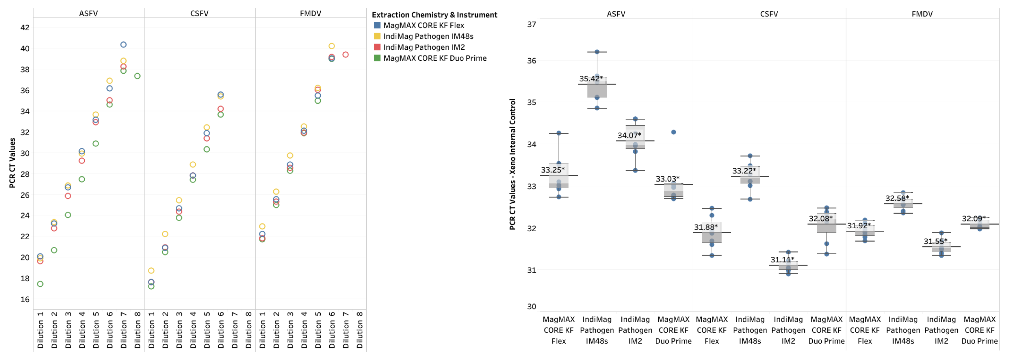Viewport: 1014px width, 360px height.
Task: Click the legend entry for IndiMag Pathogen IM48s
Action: click(x=428, y=36)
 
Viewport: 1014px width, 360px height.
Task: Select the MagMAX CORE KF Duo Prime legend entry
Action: click(x=434, y=58)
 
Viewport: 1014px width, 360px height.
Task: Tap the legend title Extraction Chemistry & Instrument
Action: click(x=434, y=15)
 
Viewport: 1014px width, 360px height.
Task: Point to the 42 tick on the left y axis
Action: click(x=25, y=27)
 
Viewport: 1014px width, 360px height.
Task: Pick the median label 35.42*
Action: click(x=590, y=79)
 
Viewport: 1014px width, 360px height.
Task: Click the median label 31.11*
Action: click(x=782, y=260)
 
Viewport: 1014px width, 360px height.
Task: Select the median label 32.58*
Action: click(x=897, y=198)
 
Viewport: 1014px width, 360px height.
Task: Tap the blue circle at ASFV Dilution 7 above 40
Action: click(x=123, y=45)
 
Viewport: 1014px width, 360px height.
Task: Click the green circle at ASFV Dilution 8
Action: click(x=138, y=76)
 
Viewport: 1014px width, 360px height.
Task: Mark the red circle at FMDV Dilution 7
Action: click(x=346, y=55)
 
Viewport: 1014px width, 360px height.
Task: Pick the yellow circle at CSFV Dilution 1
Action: click(x=151, y=271)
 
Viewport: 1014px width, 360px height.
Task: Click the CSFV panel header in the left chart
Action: click(x=199, y=13)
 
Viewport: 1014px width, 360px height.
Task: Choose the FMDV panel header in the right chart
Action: click(x=922, y=14)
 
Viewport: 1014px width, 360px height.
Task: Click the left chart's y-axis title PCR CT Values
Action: click(x=12, y=163)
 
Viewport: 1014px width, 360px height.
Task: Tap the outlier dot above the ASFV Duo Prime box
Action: click(x=673, y=132)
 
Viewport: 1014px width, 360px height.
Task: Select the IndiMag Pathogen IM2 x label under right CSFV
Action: click(x=788, y=330)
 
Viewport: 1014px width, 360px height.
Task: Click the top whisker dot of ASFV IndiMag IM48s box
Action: click(x=597, y=52)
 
